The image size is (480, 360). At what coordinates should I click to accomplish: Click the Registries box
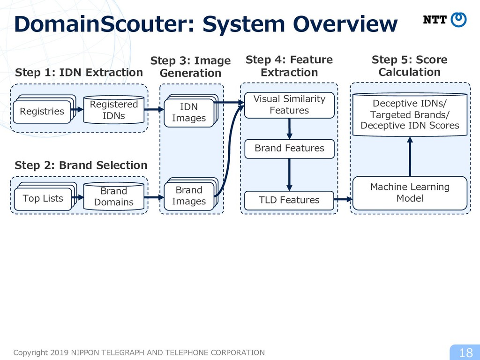tap(42, 112)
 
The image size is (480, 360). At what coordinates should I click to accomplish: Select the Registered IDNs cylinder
tap(114, 110)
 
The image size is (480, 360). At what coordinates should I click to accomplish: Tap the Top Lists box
tap(43, 199)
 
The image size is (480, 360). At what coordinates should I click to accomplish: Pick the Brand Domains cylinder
tap(114, 196)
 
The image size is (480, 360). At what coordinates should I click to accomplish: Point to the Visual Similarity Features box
tap(289, 105)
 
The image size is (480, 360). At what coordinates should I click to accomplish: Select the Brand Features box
tap(289, 149)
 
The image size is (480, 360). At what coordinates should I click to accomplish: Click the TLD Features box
tap(289, 201)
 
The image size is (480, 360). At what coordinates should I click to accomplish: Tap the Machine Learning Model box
tap(410, 193)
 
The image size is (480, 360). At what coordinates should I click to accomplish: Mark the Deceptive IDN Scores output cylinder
tap(410, 114)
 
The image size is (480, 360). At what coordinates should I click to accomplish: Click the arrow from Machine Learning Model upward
tap(410, 157)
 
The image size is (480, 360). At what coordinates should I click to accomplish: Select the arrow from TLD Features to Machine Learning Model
tap(343, 200)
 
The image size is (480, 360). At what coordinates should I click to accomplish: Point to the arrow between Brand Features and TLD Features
tap(289, 175)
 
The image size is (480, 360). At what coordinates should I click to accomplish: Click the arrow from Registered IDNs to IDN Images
tap(154, 109)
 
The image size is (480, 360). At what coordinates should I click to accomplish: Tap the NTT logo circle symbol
tap(458, 20)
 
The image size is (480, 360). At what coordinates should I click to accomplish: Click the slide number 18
tap(466, 353)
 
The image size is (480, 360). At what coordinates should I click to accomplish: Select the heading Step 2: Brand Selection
tap(81, 165)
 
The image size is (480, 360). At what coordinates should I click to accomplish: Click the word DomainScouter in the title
tap(104, 24)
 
